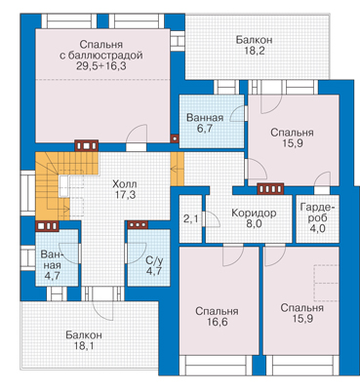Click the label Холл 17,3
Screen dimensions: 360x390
point(124,189)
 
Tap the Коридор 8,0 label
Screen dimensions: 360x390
point(254,218)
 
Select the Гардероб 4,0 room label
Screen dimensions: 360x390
point(318,217)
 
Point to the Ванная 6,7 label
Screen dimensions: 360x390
point(205,123)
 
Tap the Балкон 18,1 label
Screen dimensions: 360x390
point(84,340)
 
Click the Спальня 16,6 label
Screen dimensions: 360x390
point(217,317)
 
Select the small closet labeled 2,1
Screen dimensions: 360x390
point(191,218)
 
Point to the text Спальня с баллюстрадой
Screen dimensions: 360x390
point(101,50)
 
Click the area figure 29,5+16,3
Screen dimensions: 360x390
point(101,66)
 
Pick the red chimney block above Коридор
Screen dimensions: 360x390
point(270,188)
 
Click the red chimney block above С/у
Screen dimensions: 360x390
point(138,224)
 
